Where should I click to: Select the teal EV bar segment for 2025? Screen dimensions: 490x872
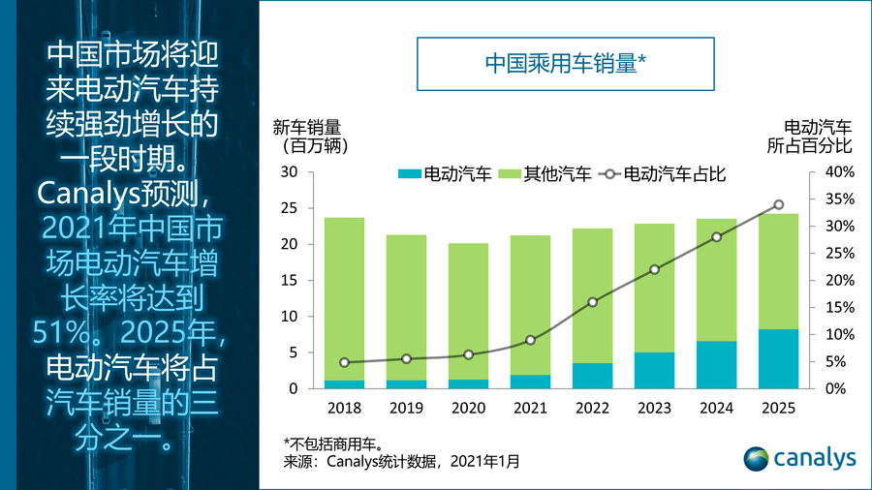[x=778, y=359]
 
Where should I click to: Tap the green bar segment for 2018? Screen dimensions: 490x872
[x=344, y=298]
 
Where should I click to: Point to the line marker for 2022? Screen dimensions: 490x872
[x=592, y=302]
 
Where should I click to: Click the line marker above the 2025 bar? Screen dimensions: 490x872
[x=778, y=204]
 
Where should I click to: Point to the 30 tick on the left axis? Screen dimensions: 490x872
[x=289, y=172]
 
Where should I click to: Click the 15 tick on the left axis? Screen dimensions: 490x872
[x=289, y=281]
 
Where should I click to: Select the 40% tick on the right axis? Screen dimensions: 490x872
[x=839, y=172]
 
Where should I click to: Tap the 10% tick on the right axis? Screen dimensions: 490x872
[x=839, y=335]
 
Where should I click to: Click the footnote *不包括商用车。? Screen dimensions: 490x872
[x=334, y=444]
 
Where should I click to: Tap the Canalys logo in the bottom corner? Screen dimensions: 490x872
[x=800, y=457]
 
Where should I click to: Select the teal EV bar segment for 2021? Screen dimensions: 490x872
[x=530, y=382]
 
